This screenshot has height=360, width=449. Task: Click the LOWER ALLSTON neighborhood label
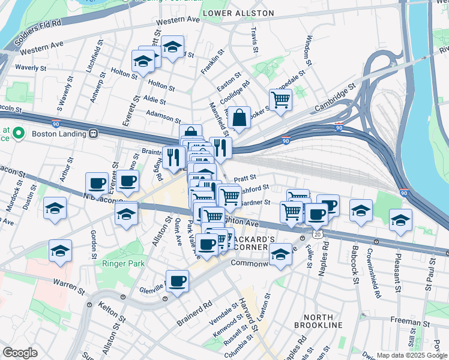click(238, 13)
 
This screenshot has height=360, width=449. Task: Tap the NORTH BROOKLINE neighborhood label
click(318, 321)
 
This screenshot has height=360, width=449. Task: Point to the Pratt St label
click(245, 178)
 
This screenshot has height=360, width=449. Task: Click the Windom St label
click(309, 50)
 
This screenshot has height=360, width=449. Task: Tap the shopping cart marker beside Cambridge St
click(280, 100)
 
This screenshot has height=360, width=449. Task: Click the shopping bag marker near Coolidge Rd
click(240, 118)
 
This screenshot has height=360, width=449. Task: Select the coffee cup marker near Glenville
click(177, 281)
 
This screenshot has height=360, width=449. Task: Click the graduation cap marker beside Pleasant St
click(400, 220)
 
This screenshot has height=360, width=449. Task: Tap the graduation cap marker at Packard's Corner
click(280, 255)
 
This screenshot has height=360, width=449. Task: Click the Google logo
click(20, 353)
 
